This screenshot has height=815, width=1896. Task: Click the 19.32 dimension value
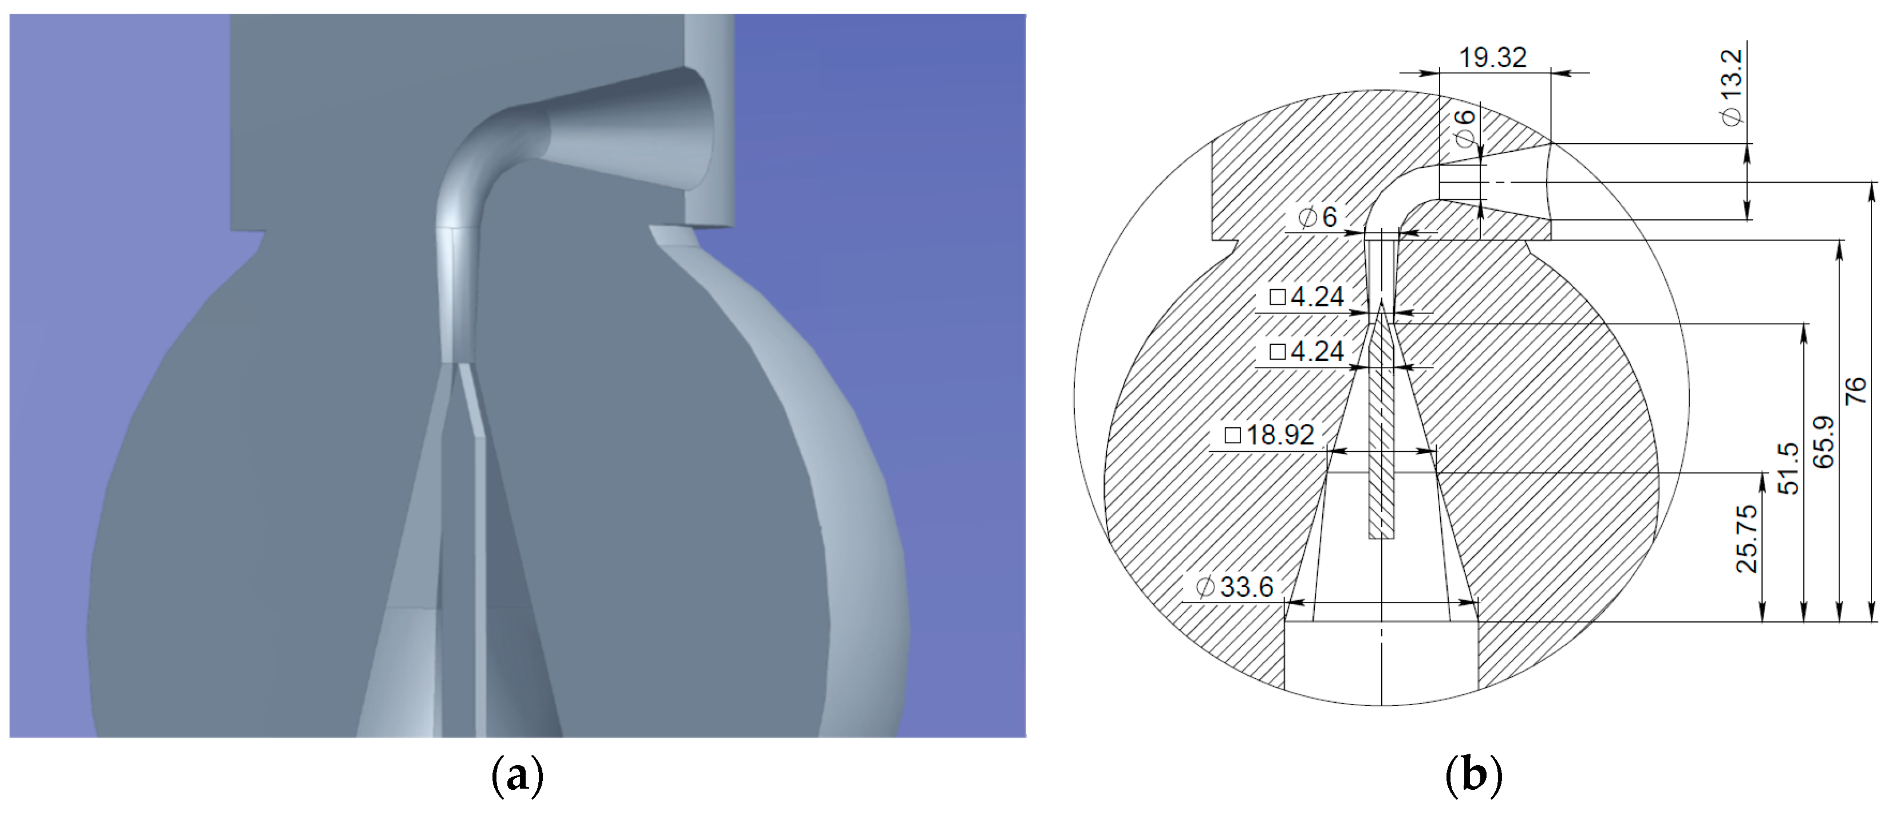click(1493, 57)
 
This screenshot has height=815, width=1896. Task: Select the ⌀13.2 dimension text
click(1732, 87)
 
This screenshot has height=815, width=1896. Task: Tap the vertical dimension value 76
click(1856, 390)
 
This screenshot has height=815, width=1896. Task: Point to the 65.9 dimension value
click(1824, 442)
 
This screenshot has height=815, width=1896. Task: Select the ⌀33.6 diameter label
click(1233, 587)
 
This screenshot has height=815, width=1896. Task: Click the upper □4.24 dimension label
click(1306, 297)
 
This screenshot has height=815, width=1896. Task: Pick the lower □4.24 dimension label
click(1306, 351)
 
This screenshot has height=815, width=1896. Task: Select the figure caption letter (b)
click(1473, 776)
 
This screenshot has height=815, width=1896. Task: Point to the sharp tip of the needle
click(1382, 304)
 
